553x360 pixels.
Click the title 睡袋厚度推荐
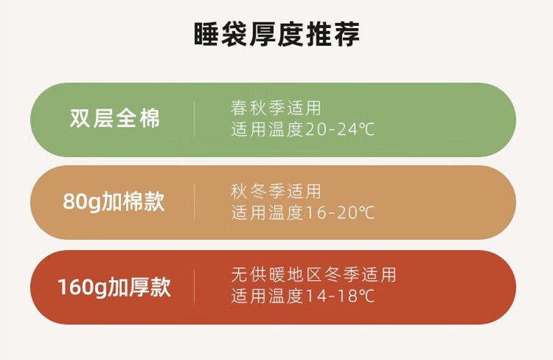tap(277, 34)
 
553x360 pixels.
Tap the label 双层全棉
tap(115, 118)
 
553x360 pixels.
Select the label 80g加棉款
tap(114, 202)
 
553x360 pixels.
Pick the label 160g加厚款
tap(114, 287)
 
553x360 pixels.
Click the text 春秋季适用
tap(276, 108)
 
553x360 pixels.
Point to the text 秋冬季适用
tap(276, 192)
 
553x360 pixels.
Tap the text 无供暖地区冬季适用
tap(314, 275)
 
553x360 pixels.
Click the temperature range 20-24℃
tap(339, 130)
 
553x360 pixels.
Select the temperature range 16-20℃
tap(339, 213)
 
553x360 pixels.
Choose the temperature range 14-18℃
tap(339, 296)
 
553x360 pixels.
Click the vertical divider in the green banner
tap(194, 120)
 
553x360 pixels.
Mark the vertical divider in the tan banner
tap(194, 202)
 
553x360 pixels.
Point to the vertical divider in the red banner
tap(194, 287)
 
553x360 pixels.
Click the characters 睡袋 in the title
tap(220, 34)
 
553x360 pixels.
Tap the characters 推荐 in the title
tap(333, 34)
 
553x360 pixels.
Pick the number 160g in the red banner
tap(82, 288)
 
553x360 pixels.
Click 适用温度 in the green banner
tap(267, 130)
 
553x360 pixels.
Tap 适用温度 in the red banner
tap(267, 296)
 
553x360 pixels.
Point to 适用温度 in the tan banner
tap(267, 213)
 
